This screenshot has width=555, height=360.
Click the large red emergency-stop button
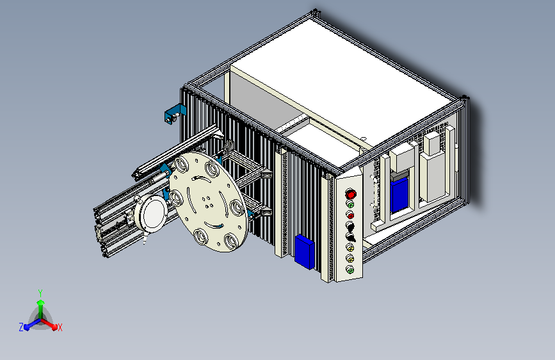[350, 194]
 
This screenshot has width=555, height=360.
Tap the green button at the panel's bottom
[350, 270]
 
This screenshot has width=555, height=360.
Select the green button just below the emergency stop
[350, 204]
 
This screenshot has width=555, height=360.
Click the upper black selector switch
[350, 225]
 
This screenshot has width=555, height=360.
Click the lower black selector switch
[350, 237]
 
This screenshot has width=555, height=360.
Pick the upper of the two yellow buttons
[350, 247]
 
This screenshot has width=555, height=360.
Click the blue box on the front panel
[305, 252]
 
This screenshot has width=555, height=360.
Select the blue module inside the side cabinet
[399, 194]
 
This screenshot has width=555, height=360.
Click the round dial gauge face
[154, 213]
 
